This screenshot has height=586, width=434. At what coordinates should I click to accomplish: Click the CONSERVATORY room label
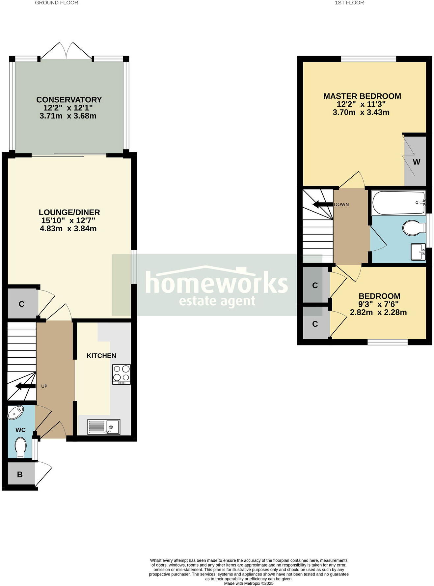pyautogui.click(x=69, y=100)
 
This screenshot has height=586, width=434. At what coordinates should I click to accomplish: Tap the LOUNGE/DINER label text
pyautogui.click(x=69, y=213)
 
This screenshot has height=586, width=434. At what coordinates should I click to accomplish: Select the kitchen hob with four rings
pyautogui.click(x=122, y=374)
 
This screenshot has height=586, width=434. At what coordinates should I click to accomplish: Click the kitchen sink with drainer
pyautogui.click(x=104, y=427)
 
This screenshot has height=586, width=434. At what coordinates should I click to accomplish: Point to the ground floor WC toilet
pyautogui.click(x=21, y=447)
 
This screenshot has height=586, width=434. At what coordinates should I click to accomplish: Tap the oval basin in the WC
pyautogui.click(x=15, y=413)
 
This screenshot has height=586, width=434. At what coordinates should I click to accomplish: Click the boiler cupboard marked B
pyautogui.click(x=20, y=474)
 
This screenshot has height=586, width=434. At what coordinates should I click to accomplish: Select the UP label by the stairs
pyautogui.click(x=44, y=386)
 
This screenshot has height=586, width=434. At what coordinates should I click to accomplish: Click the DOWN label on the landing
pyautogui.click(x=341, y=204)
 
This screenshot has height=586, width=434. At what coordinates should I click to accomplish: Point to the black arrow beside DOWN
pyautogui.click(x=322, y=205)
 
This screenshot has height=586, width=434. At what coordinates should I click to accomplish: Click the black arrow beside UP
pyautogui.click(x=25, y=386)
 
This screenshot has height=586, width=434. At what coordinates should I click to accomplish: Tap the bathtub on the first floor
pyautogui.click(x=398, y=203)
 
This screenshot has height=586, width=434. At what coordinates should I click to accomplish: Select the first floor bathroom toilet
pyautogui.click(x=414, y=228)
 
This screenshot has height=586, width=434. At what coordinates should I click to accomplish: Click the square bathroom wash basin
pyautogui.click(x=418, y=252)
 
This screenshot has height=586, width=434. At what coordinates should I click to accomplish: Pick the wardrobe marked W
pyautogui.click(x=416, y=162)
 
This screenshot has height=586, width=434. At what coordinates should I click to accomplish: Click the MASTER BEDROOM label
pyautogui.click(x=362, y=96)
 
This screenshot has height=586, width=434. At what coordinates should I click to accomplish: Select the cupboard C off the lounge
pyautogui.click(x=22, y=304)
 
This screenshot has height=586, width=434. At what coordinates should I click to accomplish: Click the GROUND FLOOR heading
pyautogui.click(x=56, y=3)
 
